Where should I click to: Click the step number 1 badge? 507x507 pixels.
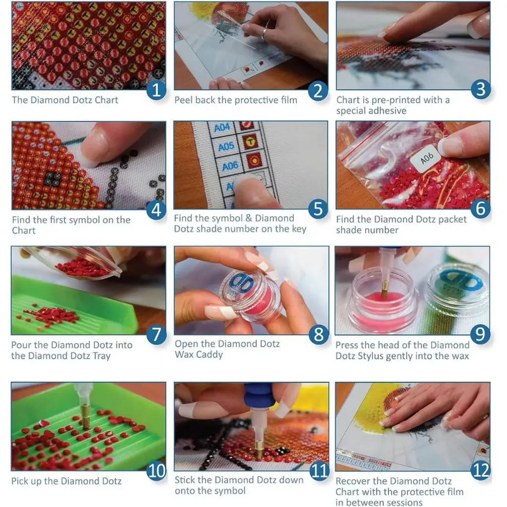(x=156, y=90)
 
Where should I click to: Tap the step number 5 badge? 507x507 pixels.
(x=318, y=208)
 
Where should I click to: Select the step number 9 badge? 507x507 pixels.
(x=480, y=334)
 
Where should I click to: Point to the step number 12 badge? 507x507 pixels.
(x=481, y=470)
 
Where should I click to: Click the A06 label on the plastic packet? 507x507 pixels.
(x=427, y=158)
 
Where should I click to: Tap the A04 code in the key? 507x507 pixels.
(x=222, y=127)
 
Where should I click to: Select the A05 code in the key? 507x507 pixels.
(x=226, y=147)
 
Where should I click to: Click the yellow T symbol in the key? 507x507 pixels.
(x=250, y=141)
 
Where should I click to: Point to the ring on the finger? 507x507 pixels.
(x=264, y=33)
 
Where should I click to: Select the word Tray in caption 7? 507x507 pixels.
(x=101, y=356)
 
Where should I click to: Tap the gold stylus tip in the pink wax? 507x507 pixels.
(x=384, y=289)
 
